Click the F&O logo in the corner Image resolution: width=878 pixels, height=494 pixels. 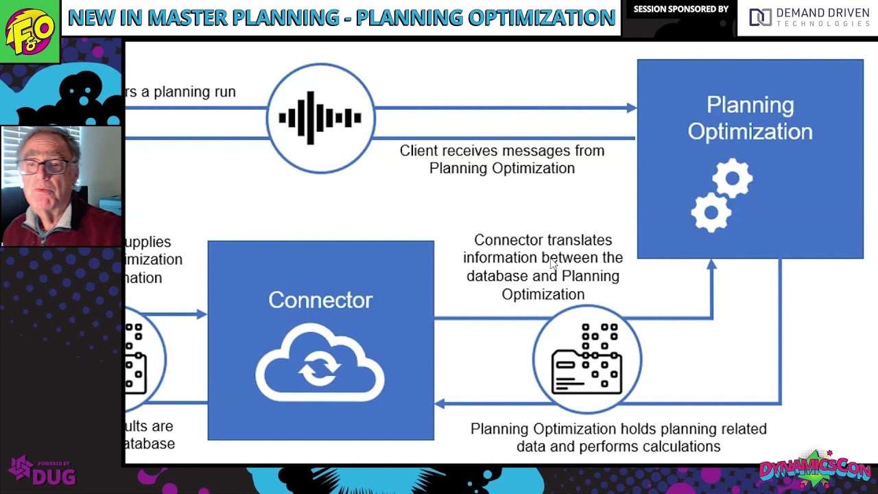(x=29, y=31)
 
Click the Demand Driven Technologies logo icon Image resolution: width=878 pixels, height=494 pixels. (x=760, y=18)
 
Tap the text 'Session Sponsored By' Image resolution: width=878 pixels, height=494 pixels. (x=680, y=10)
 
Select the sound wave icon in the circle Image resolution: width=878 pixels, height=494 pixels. (x=320, y=118)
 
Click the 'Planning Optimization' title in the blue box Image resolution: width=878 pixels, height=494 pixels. (x=750, y=118)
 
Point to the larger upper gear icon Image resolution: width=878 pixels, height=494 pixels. (x=732, y=179)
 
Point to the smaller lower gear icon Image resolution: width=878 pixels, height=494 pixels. (x=711, y=212)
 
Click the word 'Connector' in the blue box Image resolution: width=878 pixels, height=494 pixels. (x=320, y=300)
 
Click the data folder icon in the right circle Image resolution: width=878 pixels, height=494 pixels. (x=587, y=359)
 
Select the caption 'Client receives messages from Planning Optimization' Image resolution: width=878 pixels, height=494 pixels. (x=502, y=159)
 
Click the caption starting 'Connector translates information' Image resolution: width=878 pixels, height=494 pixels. (x=543, y=267)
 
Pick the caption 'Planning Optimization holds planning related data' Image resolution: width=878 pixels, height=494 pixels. (x=618, y=437)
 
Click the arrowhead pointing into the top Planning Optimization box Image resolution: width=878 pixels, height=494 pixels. (x=631, y=108)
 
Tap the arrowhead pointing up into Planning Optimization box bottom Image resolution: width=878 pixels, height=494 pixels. (x=711, y=265)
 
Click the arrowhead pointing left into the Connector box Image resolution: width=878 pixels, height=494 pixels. (x=440, y=403)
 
